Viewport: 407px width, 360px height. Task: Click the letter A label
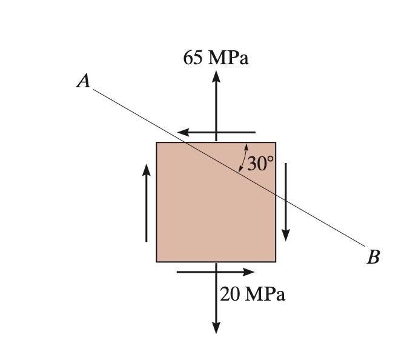84,81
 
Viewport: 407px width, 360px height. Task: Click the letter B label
373,258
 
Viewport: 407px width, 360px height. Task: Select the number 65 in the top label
194,58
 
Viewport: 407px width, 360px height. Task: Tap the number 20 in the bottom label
231,295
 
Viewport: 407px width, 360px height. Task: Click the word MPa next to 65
228,58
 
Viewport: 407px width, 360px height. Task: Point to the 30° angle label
260,164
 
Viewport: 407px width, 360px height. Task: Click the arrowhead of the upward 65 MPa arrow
216,76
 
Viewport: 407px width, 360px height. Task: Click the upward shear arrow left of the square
147,203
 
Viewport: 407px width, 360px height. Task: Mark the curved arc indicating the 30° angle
242,158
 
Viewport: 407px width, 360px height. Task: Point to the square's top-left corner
157,143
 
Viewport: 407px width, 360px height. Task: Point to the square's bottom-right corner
276,262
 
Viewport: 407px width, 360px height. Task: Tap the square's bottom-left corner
157,262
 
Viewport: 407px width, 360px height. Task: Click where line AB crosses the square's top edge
187,143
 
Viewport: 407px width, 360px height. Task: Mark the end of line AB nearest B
366,247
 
